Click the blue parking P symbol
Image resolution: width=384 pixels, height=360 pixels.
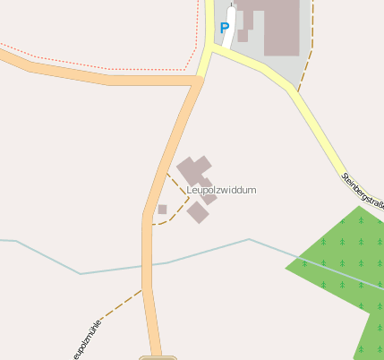224,28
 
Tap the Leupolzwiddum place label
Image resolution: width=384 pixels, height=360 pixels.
221,190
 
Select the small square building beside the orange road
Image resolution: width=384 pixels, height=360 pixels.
162,210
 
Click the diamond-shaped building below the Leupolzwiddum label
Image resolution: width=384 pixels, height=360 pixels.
198,212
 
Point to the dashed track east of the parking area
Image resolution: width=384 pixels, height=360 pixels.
306,67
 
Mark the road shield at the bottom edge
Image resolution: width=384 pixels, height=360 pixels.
158,357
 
